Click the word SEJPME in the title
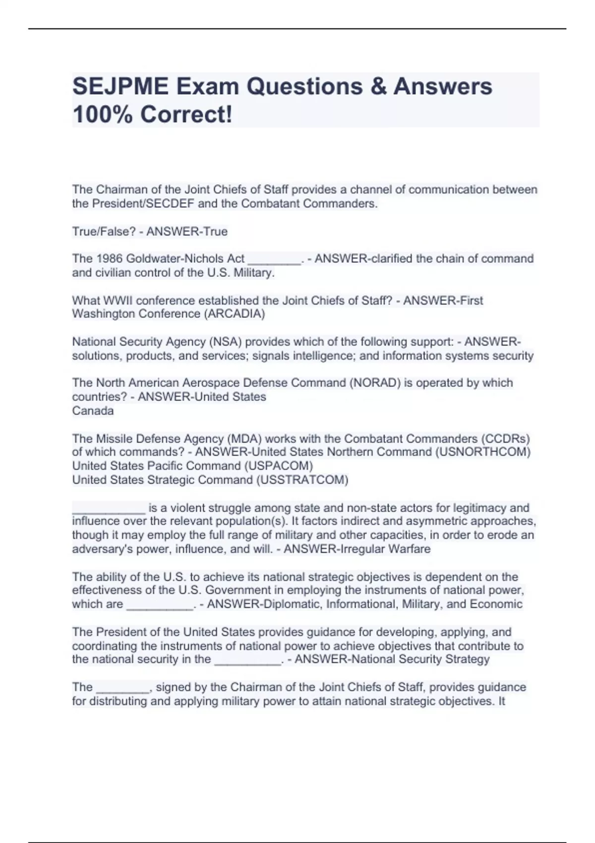(x=120, y=87)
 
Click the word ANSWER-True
(x=187, y=232)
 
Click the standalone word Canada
(x=93, y=411)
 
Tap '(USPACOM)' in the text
(x=279, y=466)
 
